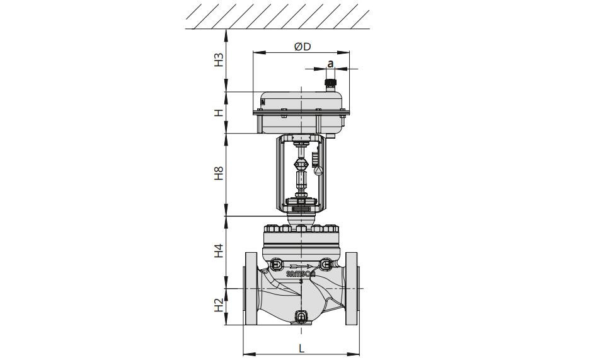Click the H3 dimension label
[x=219, y=60]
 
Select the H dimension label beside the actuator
[x=219, y=113]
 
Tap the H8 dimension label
[x=219, y=173]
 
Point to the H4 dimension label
[x=219, y=250]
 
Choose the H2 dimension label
[x=219, y=306]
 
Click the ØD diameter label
[x=302, y=47]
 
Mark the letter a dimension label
[x=330, y=64]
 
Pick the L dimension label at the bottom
[x=302, y=349]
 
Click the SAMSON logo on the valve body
[x=301, y=274]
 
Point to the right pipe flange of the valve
[x=352, y=289]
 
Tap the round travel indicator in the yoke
[x=318, y=171]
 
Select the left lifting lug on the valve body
[x=277, y=265]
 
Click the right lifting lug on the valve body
[x=325, y=265]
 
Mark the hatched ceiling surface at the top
[x=277, y=15]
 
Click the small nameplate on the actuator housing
[x=263, y=102]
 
